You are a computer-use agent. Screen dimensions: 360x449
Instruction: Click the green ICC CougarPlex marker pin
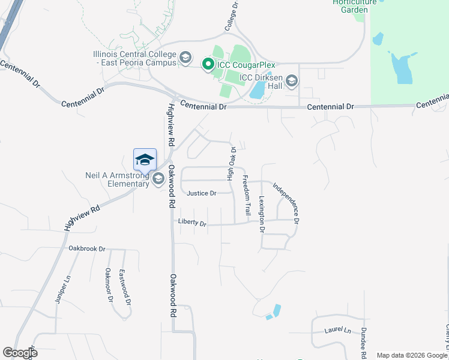coord(208,64)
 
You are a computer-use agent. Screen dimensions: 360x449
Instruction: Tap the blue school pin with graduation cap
coord(145,160)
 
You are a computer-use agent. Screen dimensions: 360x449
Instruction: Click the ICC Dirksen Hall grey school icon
coord(292,80)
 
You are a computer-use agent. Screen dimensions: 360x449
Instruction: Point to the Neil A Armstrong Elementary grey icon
coord(158,179)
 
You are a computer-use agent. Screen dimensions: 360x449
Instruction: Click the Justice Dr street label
coord(201,193)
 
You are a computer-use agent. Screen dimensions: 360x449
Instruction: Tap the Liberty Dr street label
coord(192,223)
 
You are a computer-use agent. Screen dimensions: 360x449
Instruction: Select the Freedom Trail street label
coord(246,195)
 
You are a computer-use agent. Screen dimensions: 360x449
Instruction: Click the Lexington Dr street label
coord(262,214)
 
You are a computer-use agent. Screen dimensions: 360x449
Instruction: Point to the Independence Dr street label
coord(286,203)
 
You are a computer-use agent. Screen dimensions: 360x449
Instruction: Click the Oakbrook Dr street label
coord(86,248)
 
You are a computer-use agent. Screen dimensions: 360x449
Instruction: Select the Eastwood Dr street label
coord(124,282)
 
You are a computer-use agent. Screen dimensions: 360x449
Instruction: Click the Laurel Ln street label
coord(338,330)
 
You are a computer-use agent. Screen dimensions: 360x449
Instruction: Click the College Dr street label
coord(232,16)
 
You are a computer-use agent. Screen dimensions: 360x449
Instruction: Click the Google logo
coord(20,353)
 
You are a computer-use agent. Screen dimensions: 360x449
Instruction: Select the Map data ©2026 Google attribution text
coord(411,355)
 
